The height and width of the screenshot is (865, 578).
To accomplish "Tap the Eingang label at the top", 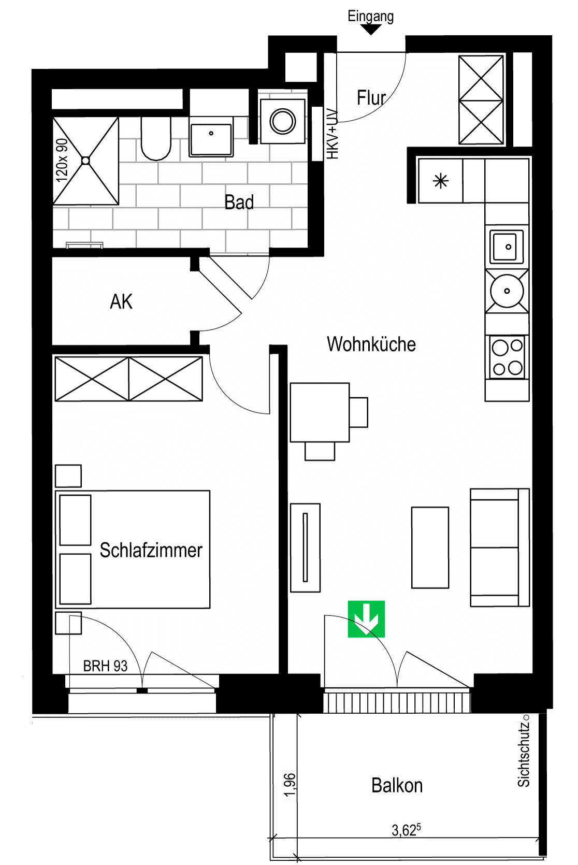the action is pyautogui.click(x=370, y=17).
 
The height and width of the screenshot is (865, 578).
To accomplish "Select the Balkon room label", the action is pyautogui.click(x=397, y=785).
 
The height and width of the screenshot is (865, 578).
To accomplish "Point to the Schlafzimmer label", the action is pyautogui.click(x=151, y=550).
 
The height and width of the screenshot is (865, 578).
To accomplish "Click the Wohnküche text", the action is pyautogui.click(x=371, y=344).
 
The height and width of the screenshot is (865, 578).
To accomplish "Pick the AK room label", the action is pyautogui.click(x=121, y=301).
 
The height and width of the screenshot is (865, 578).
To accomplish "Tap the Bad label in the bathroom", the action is pyautogui.click(x=239, y=202).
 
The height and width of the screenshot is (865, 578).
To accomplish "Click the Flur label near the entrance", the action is pyautogui.click(x=371, y=97).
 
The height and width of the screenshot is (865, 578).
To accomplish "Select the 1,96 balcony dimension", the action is pyautogui.click(x=290, y=784).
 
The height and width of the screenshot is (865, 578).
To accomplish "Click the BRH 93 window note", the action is pyautogui.click(x=105, y=666).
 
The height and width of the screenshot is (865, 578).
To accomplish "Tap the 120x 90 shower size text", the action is pyautogui.click(x=62, y=160).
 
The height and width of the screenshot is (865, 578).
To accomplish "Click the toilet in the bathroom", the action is pyautogui.click(x=156, y=138).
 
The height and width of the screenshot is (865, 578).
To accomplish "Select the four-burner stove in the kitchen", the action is pyautogui.click(x=507, y=357).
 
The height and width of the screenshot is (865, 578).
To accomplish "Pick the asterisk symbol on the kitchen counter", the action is pyautogui.click(x=441, y=181).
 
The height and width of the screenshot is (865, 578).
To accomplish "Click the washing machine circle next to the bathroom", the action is pyautogui.click(x=283, y=121).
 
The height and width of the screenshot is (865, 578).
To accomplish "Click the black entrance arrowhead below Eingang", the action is pyautogui.click(x=371, y=30).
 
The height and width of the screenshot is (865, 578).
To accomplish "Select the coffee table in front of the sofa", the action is pyautogui.click(x=430, y=547).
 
